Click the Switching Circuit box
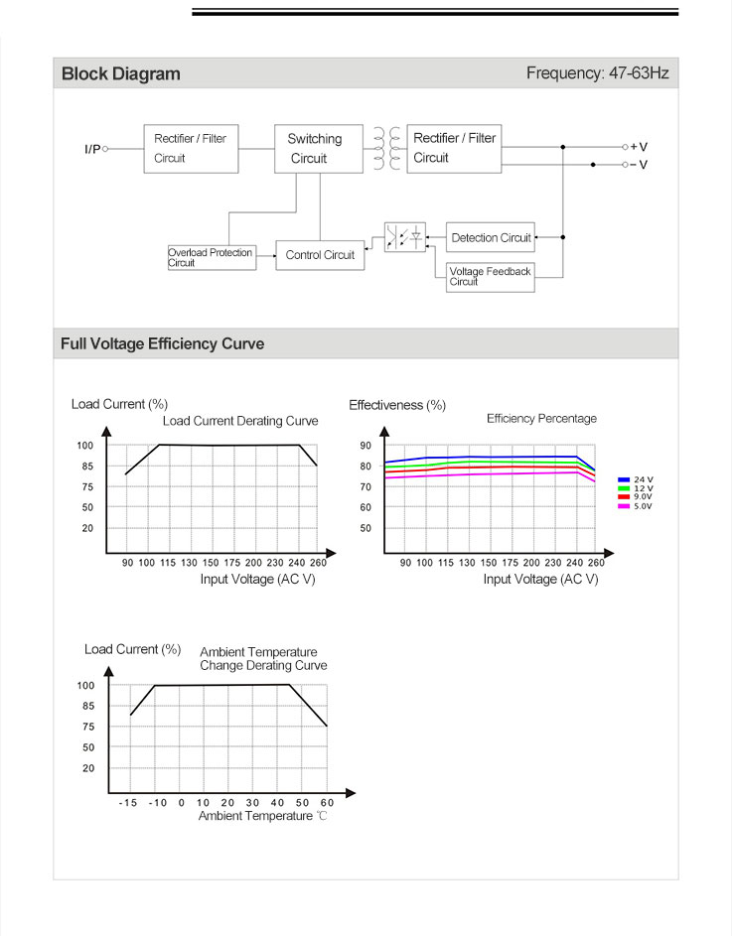[x=320, y=149]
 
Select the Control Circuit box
[x=320, y=255]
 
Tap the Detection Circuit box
[x=491, y=238]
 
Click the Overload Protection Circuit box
[x=211, y=258]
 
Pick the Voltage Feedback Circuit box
[x=491, y=276]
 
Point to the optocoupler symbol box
[x=405, y=237]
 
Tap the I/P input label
[x=92, y=149]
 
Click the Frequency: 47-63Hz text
[x=597, y=73]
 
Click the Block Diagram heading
[x=121, y=73]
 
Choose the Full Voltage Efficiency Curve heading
[x=163, y=344]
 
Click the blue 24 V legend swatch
[x=624, y=479]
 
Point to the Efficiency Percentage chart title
[x=541, y=419]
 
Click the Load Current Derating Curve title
[x=240, y=421]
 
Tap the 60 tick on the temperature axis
[x=327, y=802]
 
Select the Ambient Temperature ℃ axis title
[x=262, y=816]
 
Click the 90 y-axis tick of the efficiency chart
[x=366, y=446]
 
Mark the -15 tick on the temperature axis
[x=128, y=802]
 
